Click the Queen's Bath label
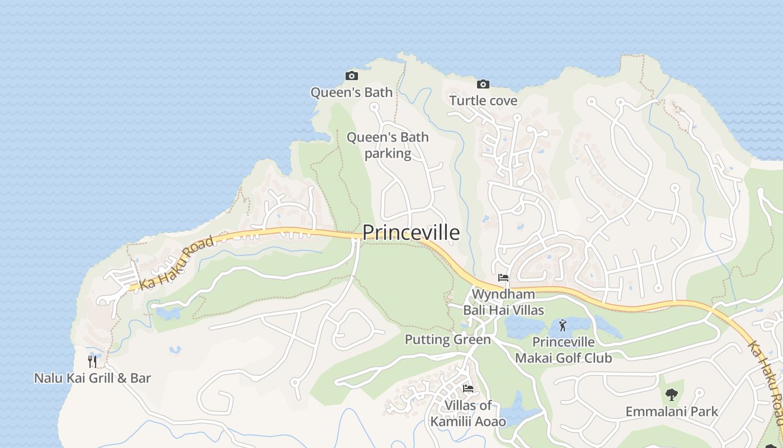351,92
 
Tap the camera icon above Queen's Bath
351,76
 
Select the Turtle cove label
483,101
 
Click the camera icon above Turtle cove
483,84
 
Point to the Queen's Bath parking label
388,145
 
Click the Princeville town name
411,232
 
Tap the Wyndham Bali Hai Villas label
503,302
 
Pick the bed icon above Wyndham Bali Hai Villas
503,277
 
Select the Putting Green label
447,339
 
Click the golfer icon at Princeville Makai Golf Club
563,325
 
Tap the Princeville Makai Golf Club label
563,350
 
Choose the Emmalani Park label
671,412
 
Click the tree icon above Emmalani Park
672,395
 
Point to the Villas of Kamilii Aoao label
468,413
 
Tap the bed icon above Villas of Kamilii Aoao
468,388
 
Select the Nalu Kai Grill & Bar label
92,378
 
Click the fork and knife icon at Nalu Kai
92,361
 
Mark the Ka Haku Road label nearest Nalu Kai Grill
177,263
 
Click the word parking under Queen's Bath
388,153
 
